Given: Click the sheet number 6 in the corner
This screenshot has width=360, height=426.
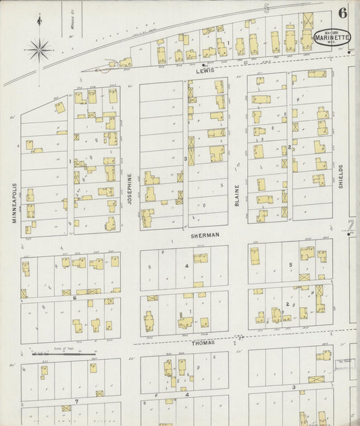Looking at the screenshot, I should pyautogui.click(x=343, y=12).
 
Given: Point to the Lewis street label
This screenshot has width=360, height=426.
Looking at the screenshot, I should pyautogui.click(x=205, y=70).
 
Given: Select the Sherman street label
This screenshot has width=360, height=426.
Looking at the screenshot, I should pyautogui.click(x=205, y=235).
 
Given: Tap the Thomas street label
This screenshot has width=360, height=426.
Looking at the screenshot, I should pyautogui.click(x=202, y=343).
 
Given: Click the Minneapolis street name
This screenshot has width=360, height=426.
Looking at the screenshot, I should pyautogui.click(x=13, y=202).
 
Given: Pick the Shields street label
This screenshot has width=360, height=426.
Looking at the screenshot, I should pyautogui.click(x=341, y=176).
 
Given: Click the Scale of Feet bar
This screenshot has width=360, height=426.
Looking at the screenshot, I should pyautogui.click(x=64, y=352).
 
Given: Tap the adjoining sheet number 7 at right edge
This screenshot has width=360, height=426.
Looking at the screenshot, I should pyautogui.click(x=351, y=225).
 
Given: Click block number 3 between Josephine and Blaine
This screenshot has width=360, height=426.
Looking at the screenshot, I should pyautogui.click(x=185, y=158).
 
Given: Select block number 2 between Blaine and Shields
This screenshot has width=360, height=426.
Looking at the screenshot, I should pyautogui.click(x=289, y=147).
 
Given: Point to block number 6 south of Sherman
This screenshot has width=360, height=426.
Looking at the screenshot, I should pyautogui.click(x=74, y=297).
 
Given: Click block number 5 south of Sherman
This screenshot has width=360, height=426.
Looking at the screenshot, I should pyautogui.click(x=290, y=264).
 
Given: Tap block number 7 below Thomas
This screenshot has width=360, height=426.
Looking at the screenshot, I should pyautogui.click(x=76, y=401).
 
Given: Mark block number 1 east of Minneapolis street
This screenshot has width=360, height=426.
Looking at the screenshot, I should pyautogui.click(x=70, y=161).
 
